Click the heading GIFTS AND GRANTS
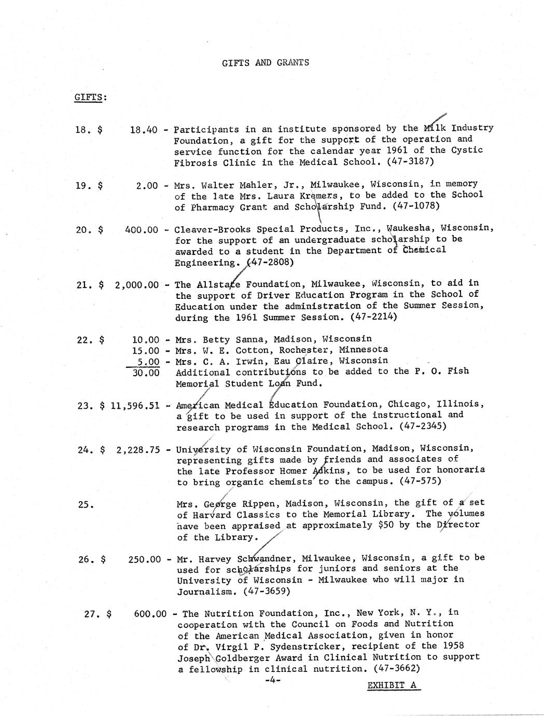[265, 63]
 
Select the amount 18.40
[144, 130]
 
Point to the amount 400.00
[142, 229]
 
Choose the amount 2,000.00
[137, 284]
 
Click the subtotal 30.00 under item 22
[146, 373]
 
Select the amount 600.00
[150, 614]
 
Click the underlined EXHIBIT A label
[392, 685]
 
